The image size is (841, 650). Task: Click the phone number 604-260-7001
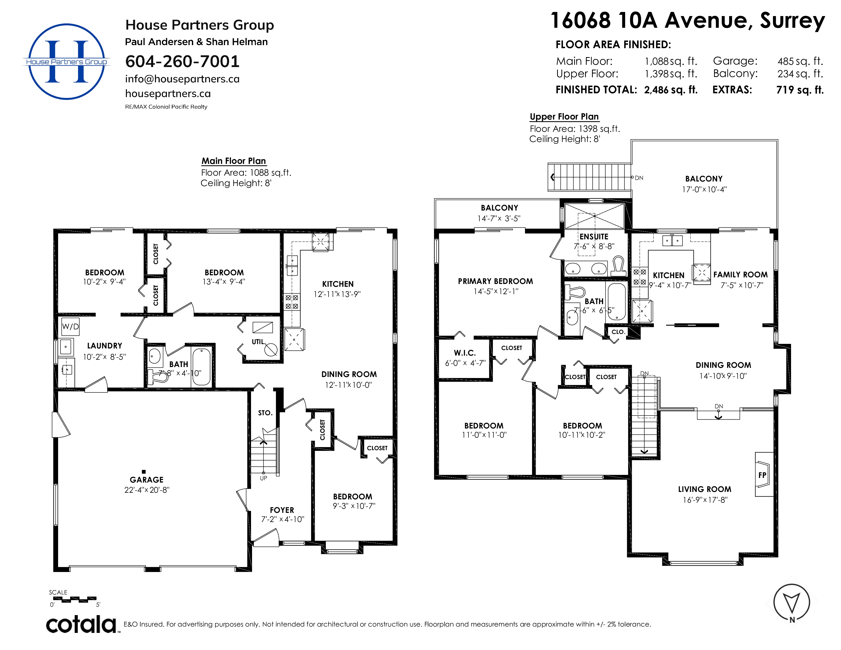pos(182,61)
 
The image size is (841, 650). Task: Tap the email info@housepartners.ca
pos(182,79)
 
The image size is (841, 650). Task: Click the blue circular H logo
pos(67,62)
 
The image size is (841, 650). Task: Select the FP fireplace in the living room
pos(764,474)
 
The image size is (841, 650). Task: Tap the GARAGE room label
pos(147,479)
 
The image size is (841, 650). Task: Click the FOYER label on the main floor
pos(282,510)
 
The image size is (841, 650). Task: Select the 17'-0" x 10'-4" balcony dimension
pos(704,189)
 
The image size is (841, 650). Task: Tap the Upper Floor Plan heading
pos(564,117)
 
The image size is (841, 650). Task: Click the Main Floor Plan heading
pos(234,161)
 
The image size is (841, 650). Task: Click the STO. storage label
pos(265,413)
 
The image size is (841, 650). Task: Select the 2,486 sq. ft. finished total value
pos(671,90)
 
